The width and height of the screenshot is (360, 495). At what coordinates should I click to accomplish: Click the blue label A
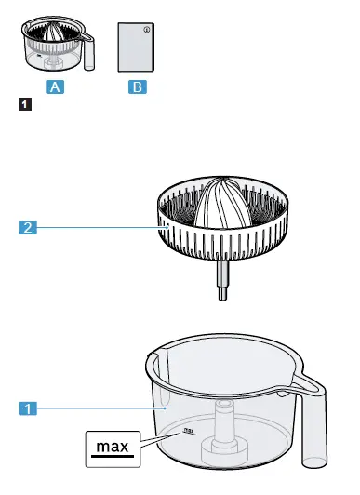(57, 87)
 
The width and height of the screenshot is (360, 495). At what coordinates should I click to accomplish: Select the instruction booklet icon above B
(135, 48)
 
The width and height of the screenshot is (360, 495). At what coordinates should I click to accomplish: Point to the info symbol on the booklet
(146, 31)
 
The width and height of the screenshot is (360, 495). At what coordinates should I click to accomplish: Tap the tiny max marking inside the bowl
(189, 431)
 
